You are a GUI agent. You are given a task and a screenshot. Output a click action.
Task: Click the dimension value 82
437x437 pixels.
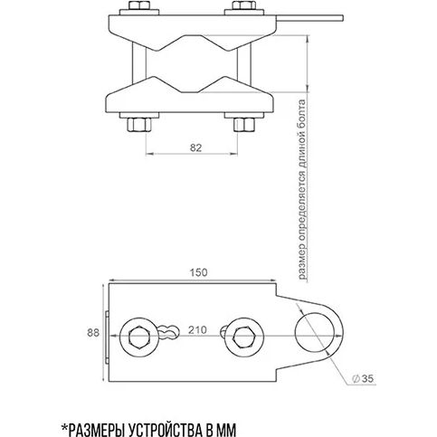[195, 147]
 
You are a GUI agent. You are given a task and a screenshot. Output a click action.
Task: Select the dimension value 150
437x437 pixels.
[198, 272]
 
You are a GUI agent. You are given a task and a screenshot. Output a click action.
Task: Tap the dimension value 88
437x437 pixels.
[93, 333]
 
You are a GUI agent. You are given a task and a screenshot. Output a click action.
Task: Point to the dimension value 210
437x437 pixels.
[197, 330]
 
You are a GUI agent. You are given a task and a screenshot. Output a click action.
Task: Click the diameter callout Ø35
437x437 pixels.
[363, 378]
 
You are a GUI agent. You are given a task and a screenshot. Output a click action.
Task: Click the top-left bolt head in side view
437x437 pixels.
[139, 5]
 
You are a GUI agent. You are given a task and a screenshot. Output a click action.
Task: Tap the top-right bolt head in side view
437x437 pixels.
[244, 5]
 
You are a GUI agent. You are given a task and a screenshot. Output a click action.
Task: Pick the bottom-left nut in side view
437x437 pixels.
[139, 125]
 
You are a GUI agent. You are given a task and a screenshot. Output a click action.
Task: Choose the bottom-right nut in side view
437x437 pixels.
[244, 125]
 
